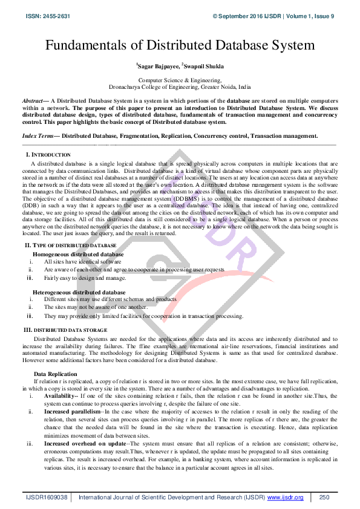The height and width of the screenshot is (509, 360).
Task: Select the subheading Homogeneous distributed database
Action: point(78,254)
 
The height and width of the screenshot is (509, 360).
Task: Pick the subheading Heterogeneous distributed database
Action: point(79,292)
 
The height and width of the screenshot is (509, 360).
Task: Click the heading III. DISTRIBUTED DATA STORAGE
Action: point(65,330)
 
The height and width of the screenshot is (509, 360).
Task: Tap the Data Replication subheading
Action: point(55,374)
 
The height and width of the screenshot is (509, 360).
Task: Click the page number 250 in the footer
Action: point(324,497)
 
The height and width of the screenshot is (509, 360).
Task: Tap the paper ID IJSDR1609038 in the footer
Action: point(47,497)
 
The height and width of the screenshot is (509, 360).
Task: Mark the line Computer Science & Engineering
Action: point(180,80)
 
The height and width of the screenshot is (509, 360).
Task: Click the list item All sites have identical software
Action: point(83,262)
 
